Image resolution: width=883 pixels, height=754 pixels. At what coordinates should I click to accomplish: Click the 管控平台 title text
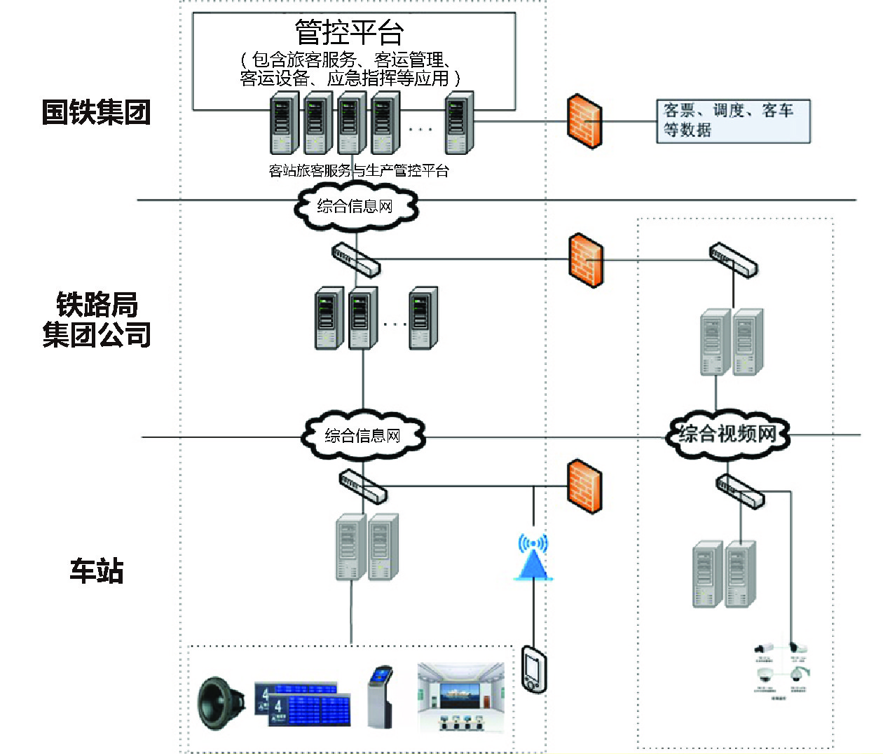tap(349, 32)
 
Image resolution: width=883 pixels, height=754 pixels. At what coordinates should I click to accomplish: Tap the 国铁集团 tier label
tap(97, 112)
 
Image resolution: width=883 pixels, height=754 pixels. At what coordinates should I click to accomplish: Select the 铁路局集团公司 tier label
tap(97, 320)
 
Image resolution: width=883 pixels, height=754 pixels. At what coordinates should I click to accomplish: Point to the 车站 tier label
tap(97, 570)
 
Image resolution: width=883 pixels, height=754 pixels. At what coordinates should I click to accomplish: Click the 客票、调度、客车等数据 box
tap(732, 121)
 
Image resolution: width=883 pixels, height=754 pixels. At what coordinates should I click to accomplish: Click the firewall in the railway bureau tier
tap(586, 260)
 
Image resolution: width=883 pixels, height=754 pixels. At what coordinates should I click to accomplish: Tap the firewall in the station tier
tap(584, 486)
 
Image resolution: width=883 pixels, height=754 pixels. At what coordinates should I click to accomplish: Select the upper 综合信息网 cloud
tap(355, 206)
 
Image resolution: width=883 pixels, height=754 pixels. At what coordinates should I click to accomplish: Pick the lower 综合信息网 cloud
tap(362, 435)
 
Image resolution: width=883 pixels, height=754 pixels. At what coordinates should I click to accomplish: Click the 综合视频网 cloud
tap(727, 434)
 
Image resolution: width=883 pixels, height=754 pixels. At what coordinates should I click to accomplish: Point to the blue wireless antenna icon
tap(533, 558)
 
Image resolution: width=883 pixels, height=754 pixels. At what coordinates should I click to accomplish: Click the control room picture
tap(460, 698)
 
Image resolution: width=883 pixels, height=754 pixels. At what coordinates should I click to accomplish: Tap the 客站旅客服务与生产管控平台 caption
tap(359, 170)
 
